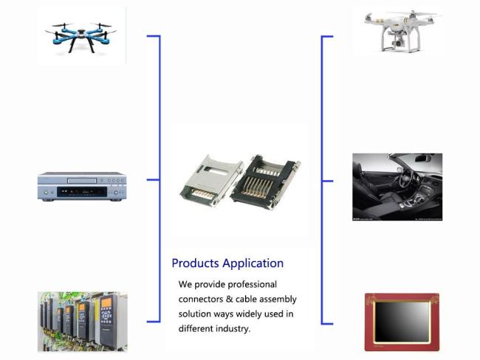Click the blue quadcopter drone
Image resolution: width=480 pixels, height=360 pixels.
click(80, 37)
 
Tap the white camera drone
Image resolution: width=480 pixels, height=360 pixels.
click(401, 32)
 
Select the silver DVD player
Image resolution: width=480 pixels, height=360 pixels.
click(82, 187)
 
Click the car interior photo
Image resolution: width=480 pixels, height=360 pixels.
click(397, 187)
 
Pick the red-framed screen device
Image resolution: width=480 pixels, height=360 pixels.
click(402, 322)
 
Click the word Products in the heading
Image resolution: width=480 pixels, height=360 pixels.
click(195, 263)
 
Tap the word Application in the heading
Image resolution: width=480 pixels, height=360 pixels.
click(253, 263)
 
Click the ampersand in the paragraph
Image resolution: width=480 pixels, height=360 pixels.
click(229, 299)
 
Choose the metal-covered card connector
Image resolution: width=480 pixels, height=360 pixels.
click(212, 181)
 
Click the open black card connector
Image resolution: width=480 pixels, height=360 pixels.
click(265, 182)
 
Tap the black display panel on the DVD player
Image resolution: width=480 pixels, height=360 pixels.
click(82, 192)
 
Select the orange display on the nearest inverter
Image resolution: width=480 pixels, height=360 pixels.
click(106, 302)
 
